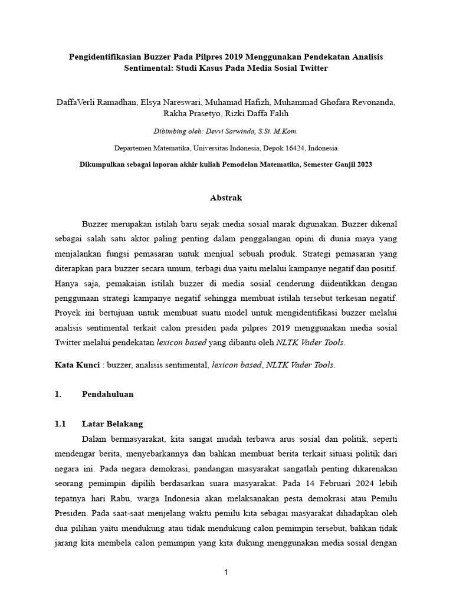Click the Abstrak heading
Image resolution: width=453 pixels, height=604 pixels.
[226, 198]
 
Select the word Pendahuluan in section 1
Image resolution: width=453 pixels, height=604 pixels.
[107, 394]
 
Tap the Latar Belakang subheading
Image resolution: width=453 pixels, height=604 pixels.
[112, 424]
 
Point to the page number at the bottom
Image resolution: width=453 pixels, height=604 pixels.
[226, 572]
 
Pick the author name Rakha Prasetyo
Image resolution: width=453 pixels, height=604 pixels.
[188, 113]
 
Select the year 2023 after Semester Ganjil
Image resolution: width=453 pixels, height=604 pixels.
[363, 165]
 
